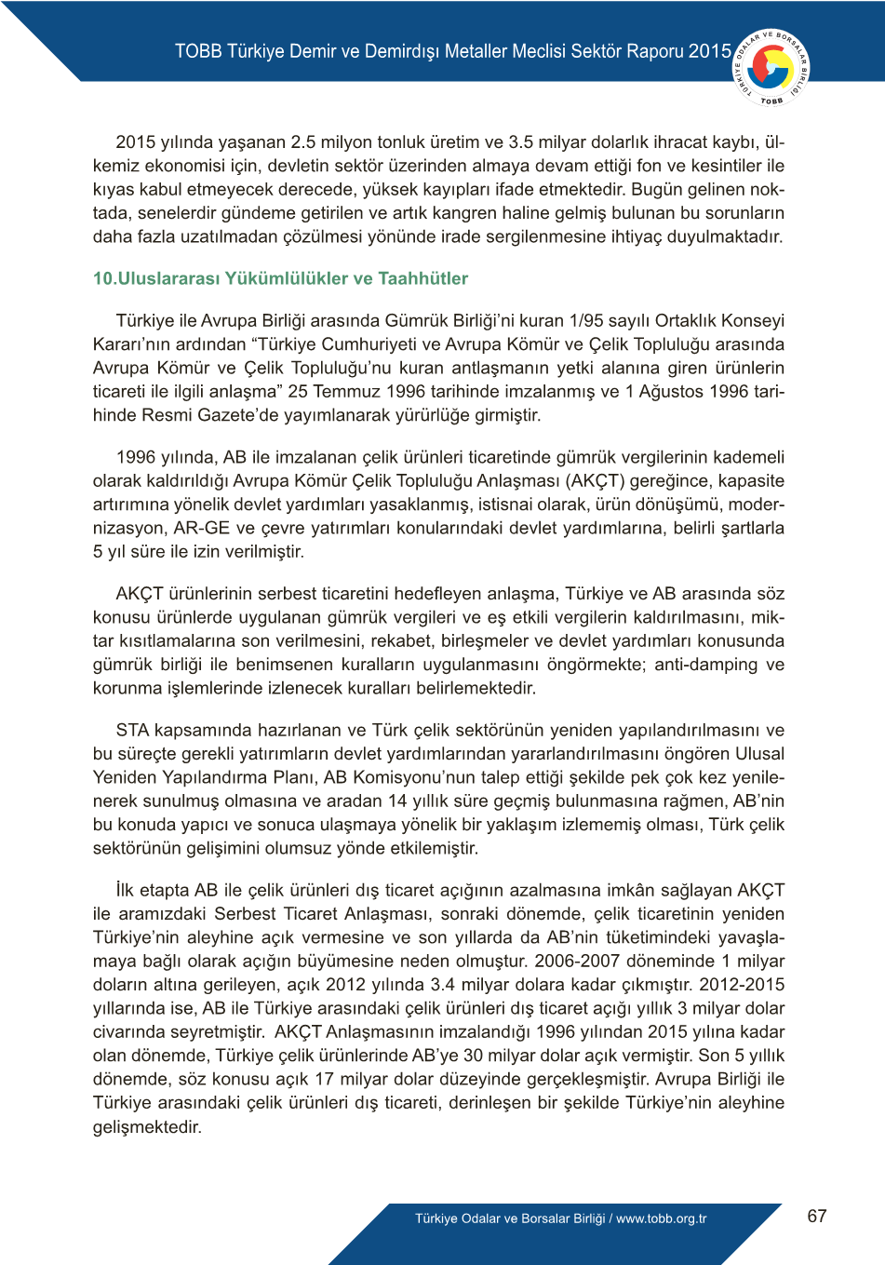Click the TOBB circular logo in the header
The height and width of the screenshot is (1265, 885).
coord(771,66)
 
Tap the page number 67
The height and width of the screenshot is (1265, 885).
coord(817,1216)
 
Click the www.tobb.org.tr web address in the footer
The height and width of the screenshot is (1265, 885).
coord(662,1218)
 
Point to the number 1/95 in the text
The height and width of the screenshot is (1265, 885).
coord(586,320)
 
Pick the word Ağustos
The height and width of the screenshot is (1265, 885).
coord(671,391)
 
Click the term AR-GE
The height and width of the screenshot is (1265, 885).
coord(202,528)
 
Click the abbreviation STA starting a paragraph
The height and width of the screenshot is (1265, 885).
coord(133,730)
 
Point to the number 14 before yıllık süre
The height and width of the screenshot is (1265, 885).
coord(397,801)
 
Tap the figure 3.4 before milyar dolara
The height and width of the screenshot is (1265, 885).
coord(442,984)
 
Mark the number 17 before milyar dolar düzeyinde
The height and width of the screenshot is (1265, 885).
coord(325,1079)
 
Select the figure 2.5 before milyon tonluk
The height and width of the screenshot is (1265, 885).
coord(306,142)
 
